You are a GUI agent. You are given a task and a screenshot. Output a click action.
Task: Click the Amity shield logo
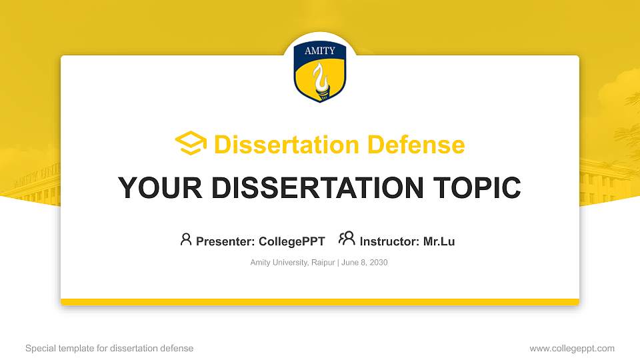[319, 72]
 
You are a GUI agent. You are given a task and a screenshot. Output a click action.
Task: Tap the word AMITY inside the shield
[320, 51]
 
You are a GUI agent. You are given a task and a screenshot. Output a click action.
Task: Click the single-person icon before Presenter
[186, 239]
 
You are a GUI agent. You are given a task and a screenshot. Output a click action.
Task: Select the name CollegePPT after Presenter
[292, 241]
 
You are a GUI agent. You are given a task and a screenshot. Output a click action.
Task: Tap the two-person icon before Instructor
[347, 239]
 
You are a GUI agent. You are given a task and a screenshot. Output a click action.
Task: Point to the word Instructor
[389, 241]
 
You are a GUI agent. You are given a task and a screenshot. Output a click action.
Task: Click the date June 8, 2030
[365, 263]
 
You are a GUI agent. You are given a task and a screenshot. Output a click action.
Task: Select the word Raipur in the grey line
[323, 263]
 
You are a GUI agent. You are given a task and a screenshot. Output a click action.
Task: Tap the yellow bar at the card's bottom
[320, 302]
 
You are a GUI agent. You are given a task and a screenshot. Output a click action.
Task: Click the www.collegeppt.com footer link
[571, 348]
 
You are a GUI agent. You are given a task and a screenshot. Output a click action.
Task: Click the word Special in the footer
[39, 348]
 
